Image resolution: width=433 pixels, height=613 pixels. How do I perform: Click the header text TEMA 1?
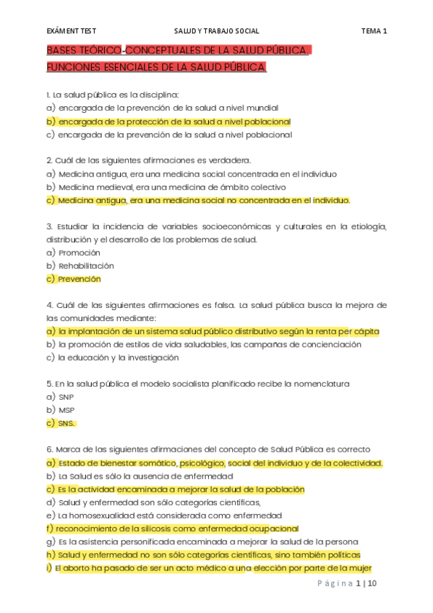[x=374, y=31]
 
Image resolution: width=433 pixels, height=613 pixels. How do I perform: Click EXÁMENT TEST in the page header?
[x=71, y=31]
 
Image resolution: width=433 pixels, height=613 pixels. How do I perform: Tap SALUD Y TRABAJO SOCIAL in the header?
[x=216, y=31]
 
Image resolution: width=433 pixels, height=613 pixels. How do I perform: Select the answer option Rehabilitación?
[x=85, y=265]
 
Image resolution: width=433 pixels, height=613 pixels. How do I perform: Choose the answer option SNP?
[x=66, y=397]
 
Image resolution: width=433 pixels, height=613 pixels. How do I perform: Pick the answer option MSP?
[x=67, y=410]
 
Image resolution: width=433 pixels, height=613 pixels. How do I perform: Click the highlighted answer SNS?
[x=67, y=423]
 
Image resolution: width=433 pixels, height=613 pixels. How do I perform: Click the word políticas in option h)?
[x=343, y=554]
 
